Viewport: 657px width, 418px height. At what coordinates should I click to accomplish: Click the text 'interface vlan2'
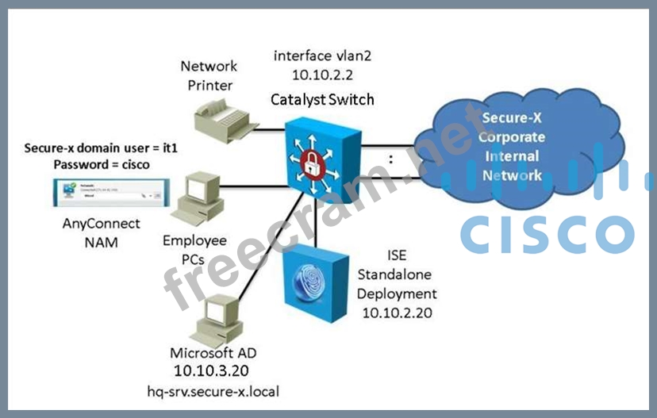point(322,56)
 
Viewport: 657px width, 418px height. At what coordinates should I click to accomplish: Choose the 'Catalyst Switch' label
point(322,100)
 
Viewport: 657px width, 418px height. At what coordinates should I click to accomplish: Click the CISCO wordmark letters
point(547,234)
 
